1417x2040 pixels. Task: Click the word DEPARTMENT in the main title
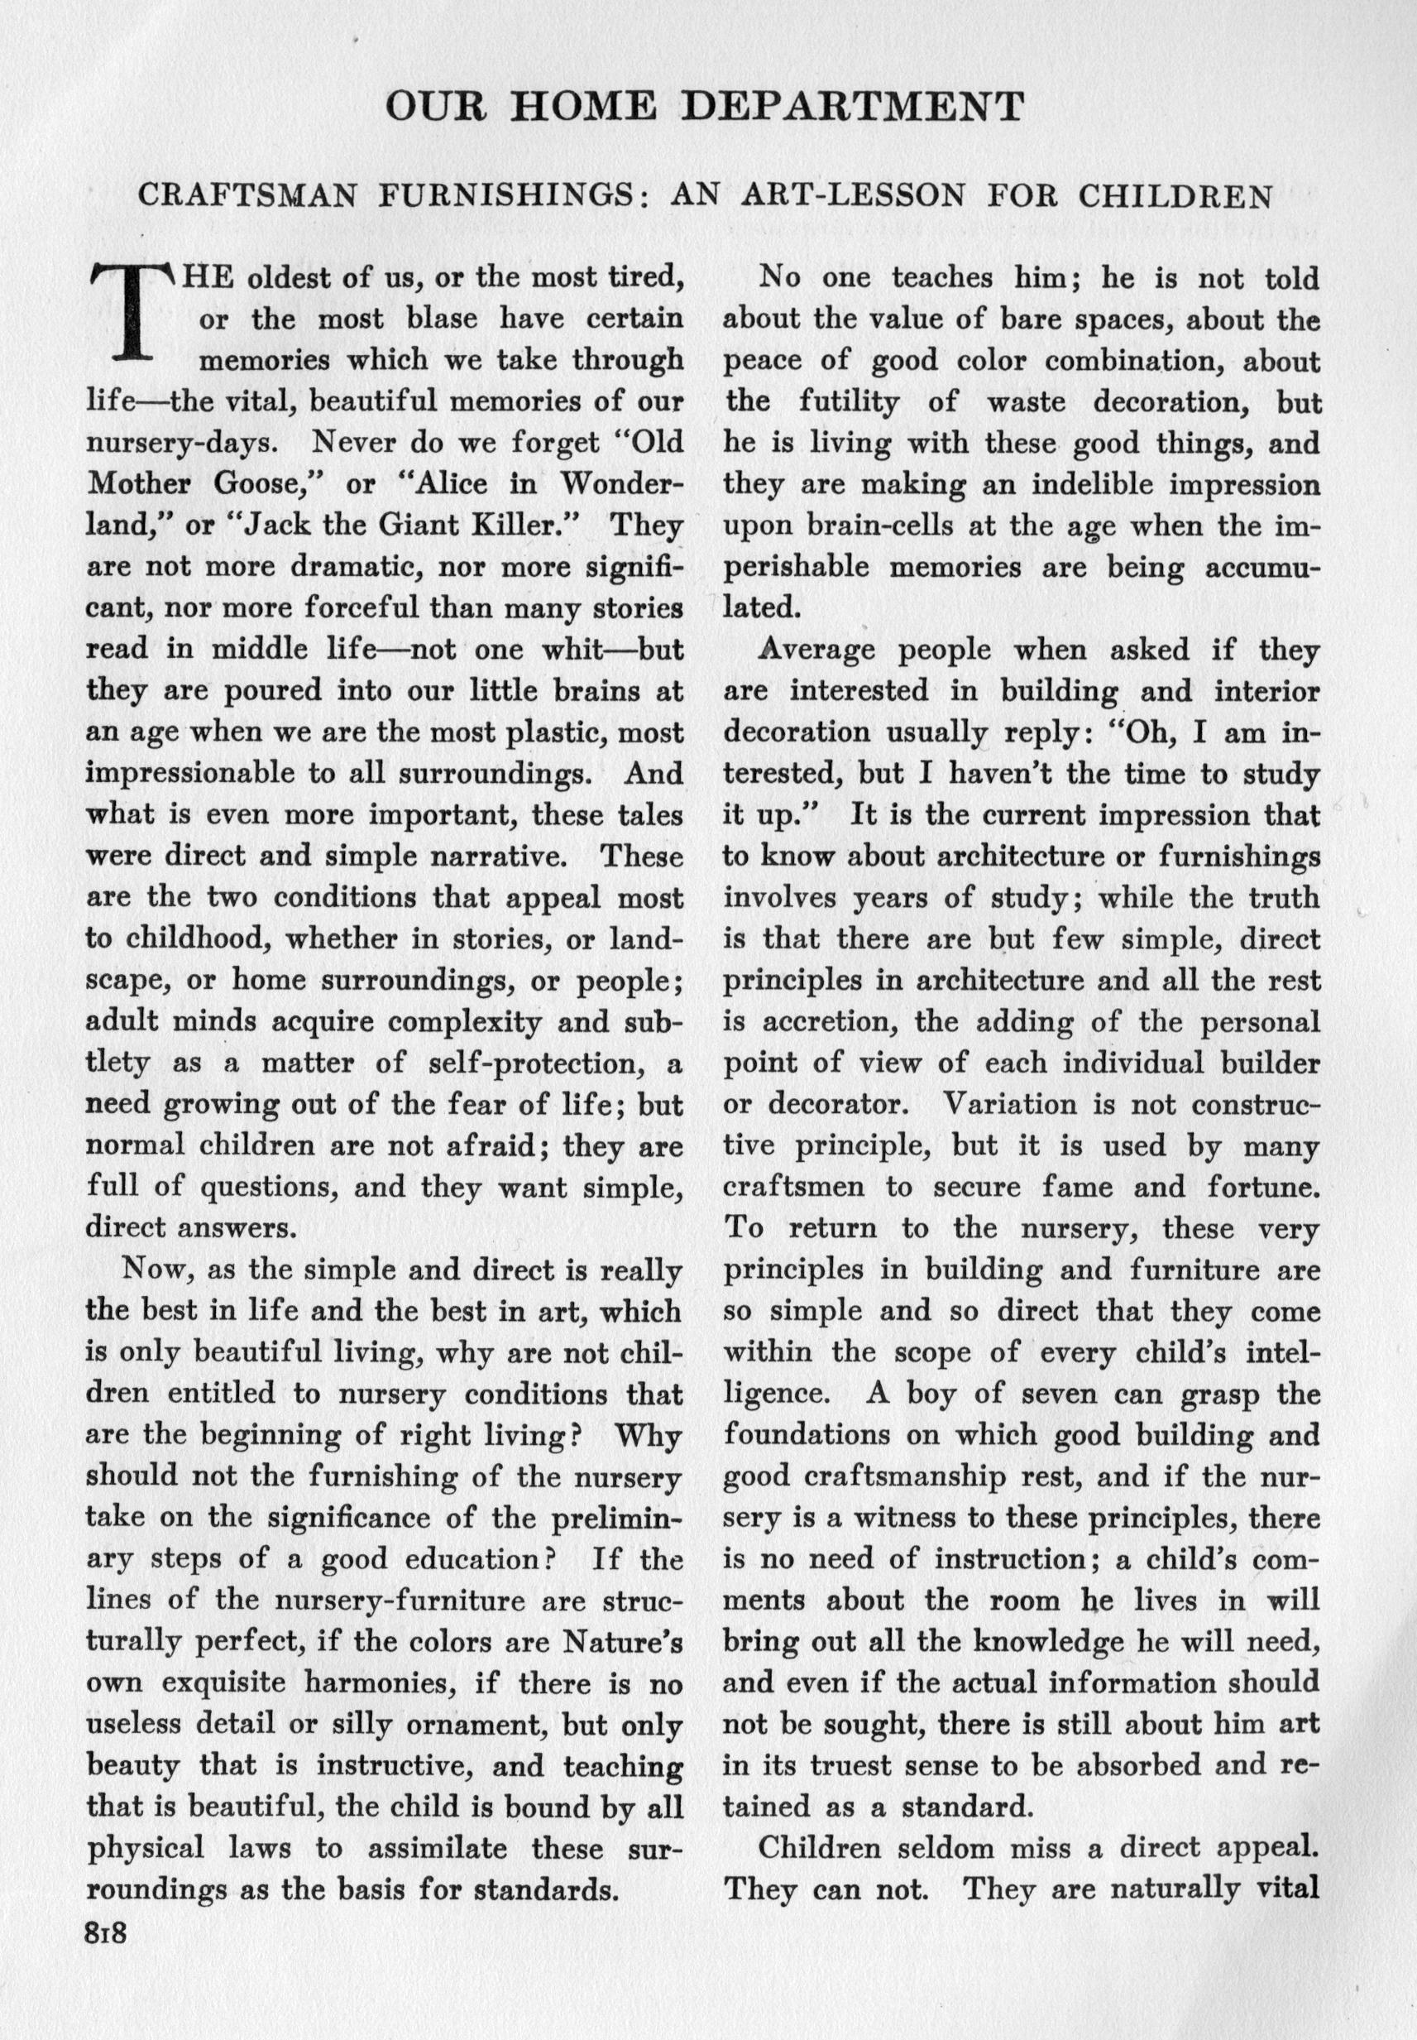[x=857, y=108]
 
